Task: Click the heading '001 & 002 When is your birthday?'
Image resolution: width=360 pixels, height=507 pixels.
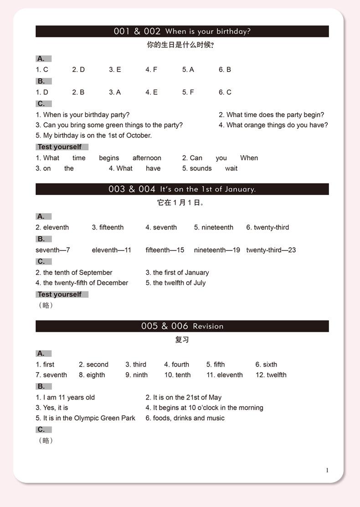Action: coord(182,31)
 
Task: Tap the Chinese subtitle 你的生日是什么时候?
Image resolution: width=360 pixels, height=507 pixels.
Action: coord(180,45)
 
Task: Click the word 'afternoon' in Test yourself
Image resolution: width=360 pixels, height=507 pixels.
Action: coord(147,158)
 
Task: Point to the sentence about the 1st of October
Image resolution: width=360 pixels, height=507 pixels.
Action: coord(94,135)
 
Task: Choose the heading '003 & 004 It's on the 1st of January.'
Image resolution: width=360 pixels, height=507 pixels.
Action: coord(182,189)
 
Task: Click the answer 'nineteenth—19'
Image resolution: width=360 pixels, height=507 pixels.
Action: coord(217,250)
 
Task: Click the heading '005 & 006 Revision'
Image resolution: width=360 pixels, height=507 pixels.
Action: coord(182,326)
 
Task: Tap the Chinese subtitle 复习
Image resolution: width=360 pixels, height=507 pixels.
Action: coord(182,339)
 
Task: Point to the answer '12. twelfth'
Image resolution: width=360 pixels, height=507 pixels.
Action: coord(271,375)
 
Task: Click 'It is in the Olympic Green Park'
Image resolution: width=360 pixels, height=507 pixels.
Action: coord(86,418)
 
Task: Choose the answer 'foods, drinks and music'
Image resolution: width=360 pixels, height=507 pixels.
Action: coord(185,418)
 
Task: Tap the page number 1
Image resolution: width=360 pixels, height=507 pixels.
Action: coord(327,470)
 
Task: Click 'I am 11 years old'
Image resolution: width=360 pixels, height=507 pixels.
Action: coord(66,398)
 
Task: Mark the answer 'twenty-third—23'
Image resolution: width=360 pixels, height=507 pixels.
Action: coord(271,250)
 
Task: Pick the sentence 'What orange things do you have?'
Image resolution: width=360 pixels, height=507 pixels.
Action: coord(273,125)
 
